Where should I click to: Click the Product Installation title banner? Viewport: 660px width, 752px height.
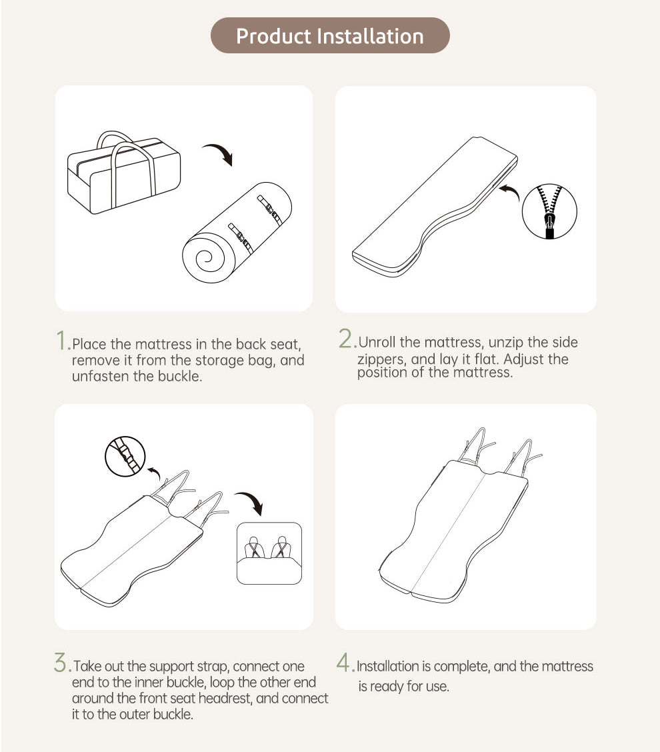point(330,35)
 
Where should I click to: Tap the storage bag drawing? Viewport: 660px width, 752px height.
point(124,172)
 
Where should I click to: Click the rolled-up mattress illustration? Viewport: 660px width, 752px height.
point(237,233)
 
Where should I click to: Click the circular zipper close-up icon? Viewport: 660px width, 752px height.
point(549,211)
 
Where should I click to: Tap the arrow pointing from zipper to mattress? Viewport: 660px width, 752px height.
point(509,191)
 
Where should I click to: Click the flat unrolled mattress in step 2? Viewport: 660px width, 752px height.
point(435,207)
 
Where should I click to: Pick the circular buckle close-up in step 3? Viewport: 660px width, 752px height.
point(125,456)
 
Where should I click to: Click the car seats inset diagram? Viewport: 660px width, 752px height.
point(269,553)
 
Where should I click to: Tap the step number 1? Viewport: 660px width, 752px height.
point(63,340)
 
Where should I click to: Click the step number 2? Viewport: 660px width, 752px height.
point(347,339)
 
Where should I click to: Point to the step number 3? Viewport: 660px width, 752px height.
point(63,663)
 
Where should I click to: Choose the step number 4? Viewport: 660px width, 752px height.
point(345,663)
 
